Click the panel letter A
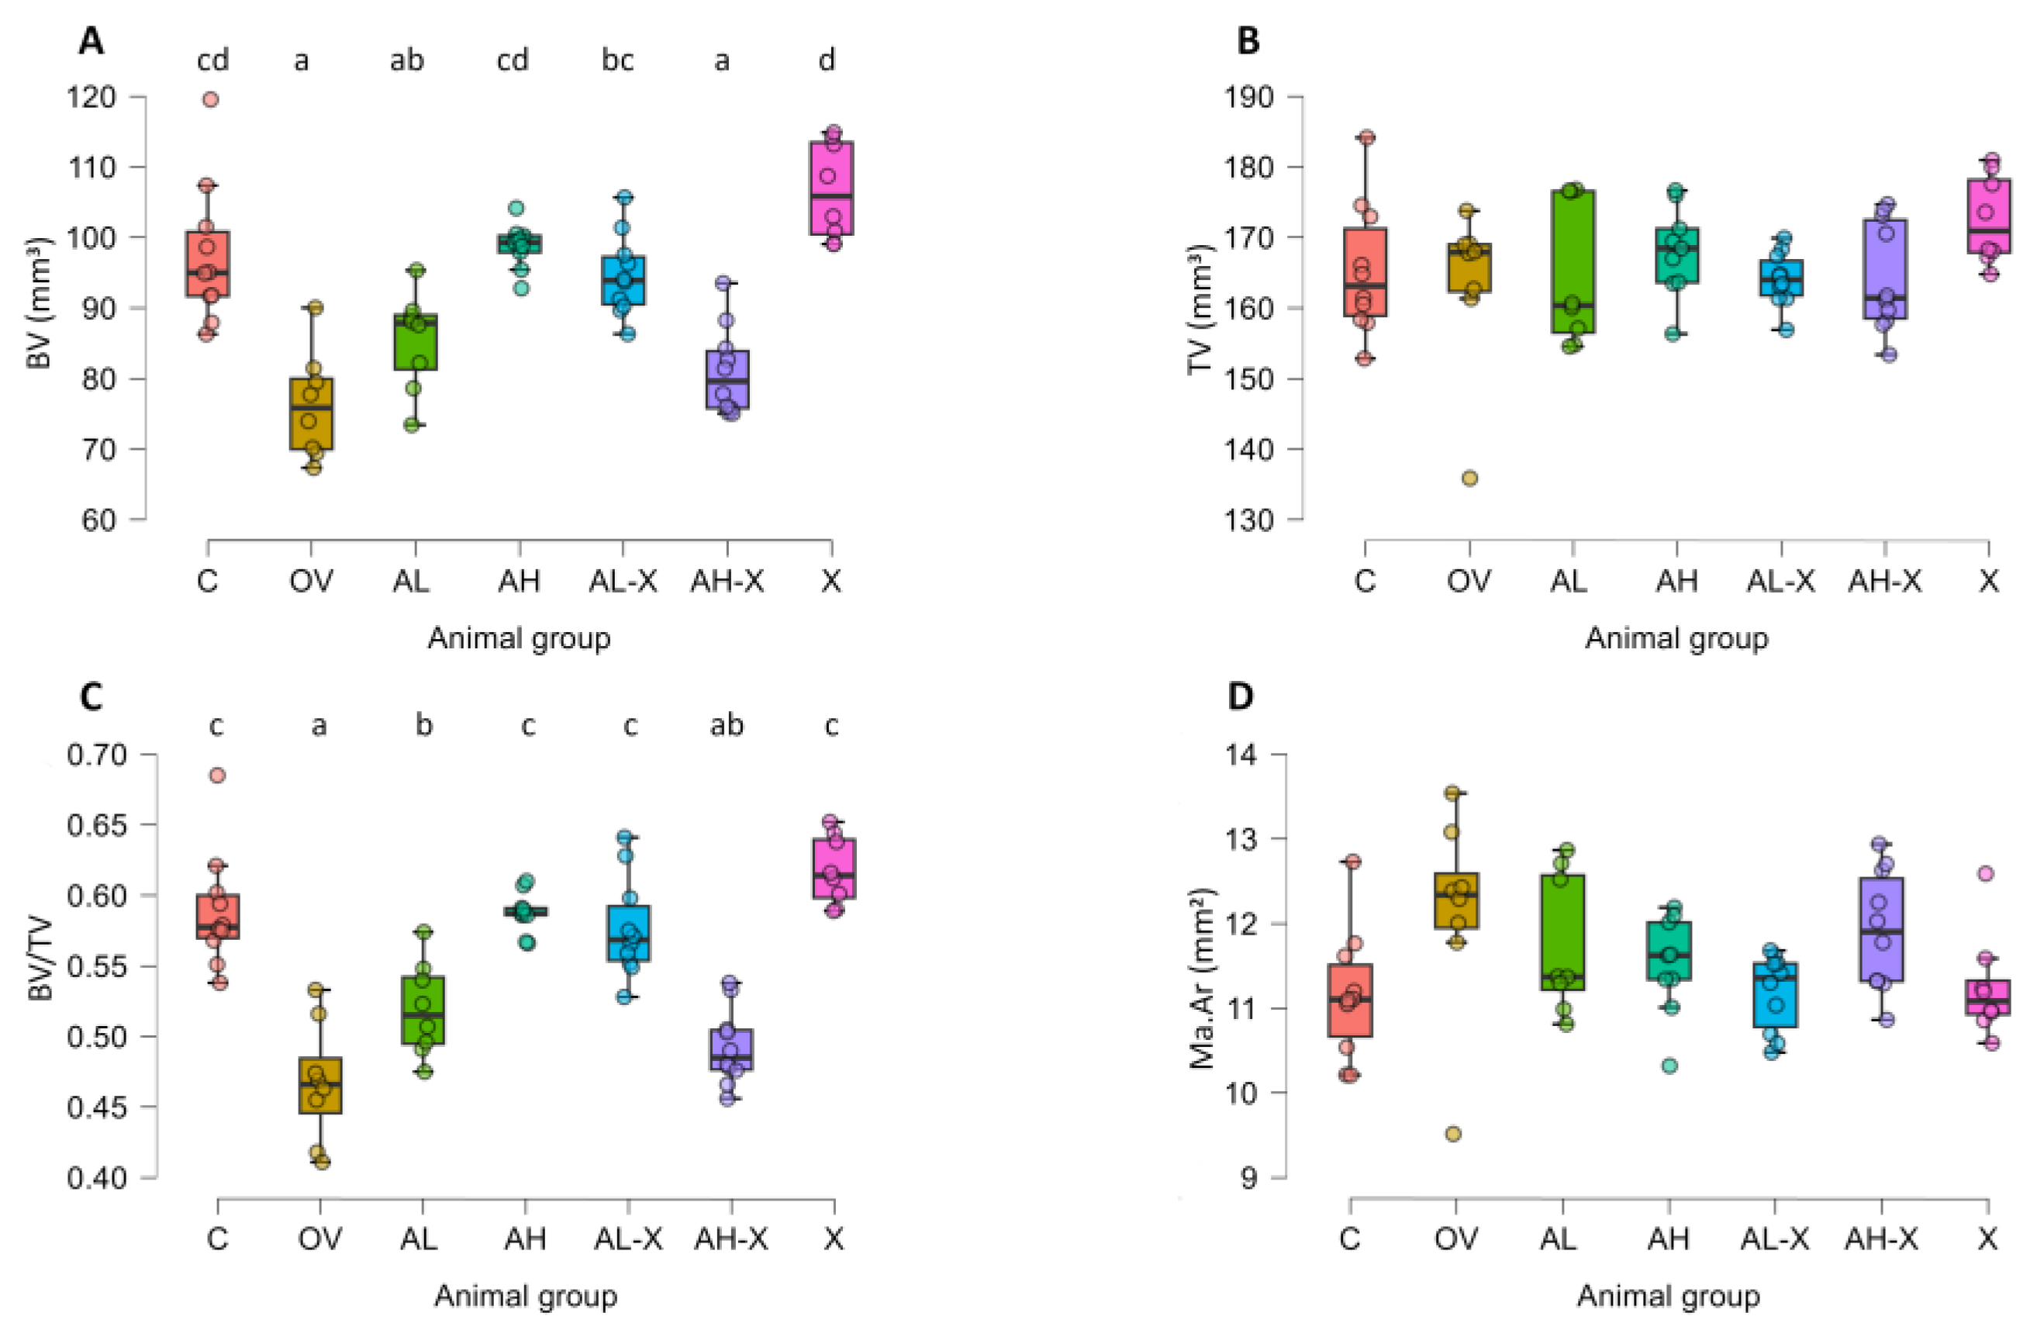pyautogui.click(x=91, y=41)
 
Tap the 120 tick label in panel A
pyautogui.click(x=91, y=97)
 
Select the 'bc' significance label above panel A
pyautogui.click(x=617, y=60)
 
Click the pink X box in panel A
pyautogui.click(x=830, y=188)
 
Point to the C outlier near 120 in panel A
pyautogui.click(x=209, y=99)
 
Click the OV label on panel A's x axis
pyautogui.click(x=311, y=581)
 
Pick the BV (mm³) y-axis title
pyautogui.click(x=39, y=303)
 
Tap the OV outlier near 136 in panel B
pyautogui.click(x=1469, y=478)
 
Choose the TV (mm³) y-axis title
pyautogui.click(x=1200, y=309)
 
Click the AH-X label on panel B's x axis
pyautogui.click(x=1883, y=581)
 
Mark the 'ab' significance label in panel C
pyautogui.click(x=727, y=725)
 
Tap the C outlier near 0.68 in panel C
pyautogui.click(x=217, y=776)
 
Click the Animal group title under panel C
pyautogui.click(x=526, y=1296)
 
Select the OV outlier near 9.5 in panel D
pyautogui.click(x=1452, y=1133)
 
